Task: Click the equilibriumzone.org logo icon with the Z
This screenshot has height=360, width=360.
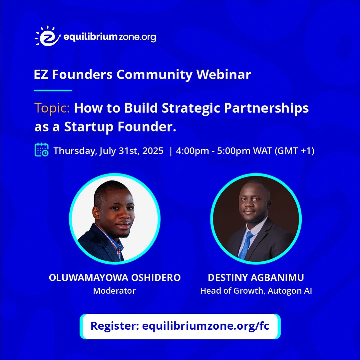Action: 48,36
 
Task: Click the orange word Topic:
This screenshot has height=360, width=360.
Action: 52,108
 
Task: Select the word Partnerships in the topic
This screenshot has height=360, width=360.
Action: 266,108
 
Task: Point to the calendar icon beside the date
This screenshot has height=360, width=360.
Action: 42,150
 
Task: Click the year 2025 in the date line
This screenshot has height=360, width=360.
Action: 153,151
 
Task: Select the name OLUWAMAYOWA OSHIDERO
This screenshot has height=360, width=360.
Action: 115,278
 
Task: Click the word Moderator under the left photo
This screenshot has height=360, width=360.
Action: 115,291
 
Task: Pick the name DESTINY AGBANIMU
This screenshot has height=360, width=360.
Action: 256,278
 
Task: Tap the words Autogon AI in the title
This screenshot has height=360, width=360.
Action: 290,291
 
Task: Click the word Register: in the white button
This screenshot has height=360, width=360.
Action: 115,326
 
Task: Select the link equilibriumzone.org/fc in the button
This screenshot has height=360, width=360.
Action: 206,326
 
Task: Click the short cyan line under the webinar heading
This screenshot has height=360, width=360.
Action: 53,91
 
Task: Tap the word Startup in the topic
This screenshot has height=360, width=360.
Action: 89,127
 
